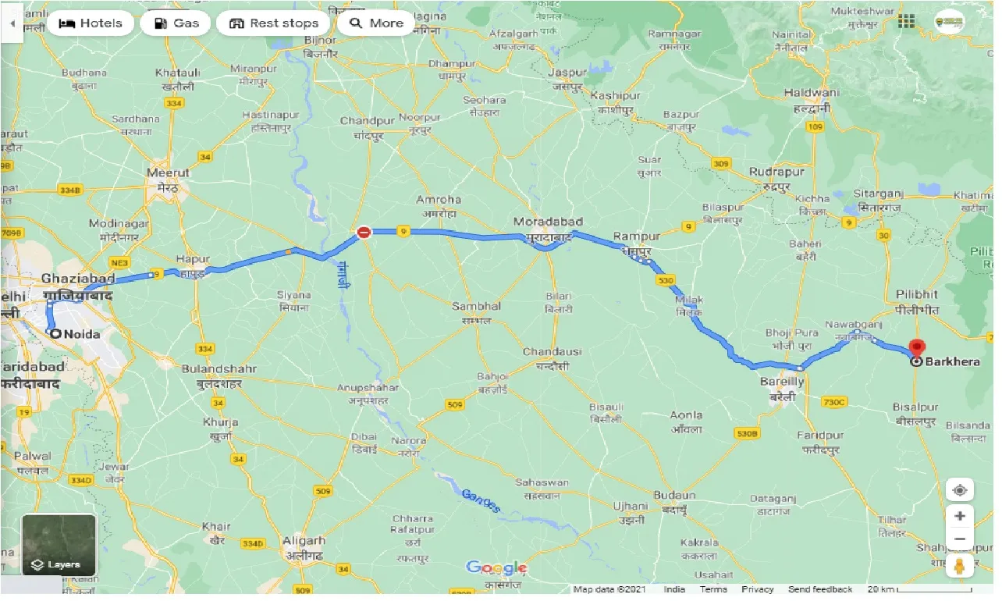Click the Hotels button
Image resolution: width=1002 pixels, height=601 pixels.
click(x=90, y=23)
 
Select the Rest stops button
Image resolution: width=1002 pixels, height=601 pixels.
click(x=273, y=23)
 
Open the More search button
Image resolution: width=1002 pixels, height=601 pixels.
click(x=376, y=23)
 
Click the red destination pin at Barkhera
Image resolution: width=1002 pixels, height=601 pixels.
click(x=917, y=348)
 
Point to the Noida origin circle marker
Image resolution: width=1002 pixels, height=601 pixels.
click(x=55, y=333)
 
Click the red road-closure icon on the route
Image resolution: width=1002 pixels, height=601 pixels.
click(x=364, y=232)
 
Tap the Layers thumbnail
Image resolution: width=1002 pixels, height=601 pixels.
click(x=59, y=545)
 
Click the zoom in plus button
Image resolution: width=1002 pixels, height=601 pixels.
click(x=959, y=516)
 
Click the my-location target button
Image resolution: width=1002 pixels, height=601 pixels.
click(x=959, y=490)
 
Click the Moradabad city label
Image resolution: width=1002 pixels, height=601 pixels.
click(x=544, y=222)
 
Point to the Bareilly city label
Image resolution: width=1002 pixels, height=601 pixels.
click(x=782, y=382)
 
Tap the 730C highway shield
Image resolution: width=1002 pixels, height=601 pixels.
click(x=833, y=402)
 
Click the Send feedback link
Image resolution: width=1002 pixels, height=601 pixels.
click(x=819, y=589)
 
